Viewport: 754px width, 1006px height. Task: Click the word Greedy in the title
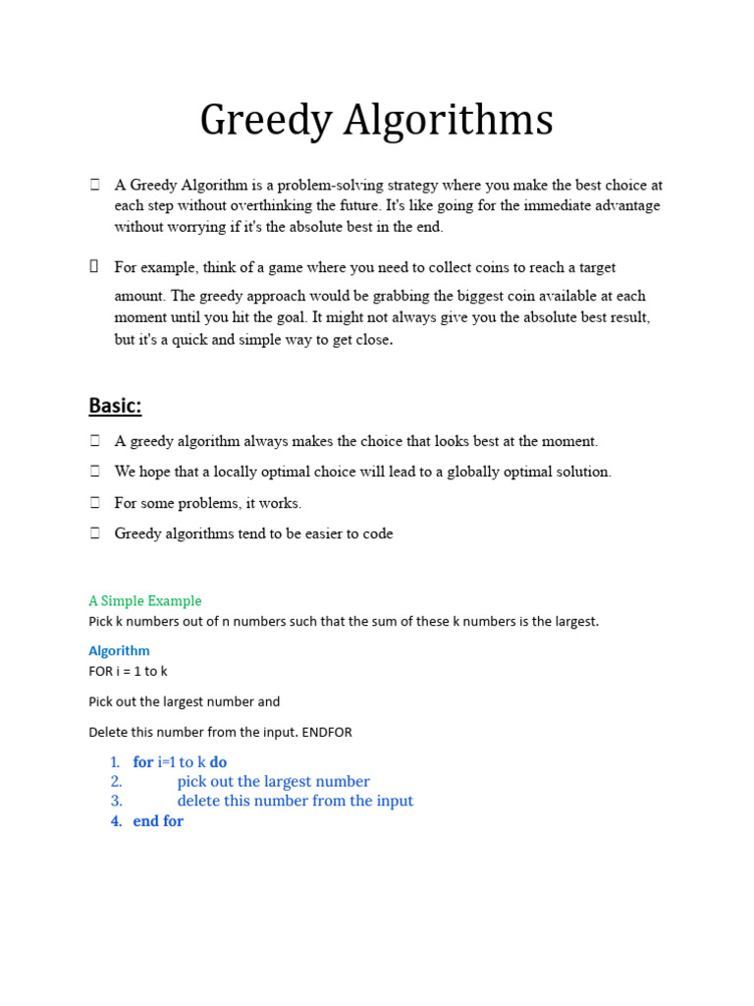point(257,122)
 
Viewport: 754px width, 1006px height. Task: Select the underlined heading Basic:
point(115,405)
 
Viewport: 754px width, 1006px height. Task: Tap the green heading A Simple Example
point(145,600)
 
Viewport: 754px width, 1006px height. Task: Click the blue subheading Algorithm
point(119,650)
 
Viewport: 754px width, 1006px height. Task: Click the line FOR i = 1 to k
point(128,671)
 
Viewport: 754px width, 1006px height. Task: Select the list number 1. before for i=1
point(115,762)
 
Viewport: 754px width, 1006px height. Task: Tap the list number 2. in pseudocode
point(116,782)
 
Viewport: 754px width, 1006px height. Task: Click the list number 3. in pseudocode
point(116,801)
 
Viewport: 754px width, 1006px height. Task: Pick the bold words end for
point(158,821)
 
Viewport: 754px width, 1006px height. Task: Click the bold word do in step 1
point(218,762)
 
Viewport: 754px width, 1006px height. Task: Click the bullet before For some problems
point(95,503)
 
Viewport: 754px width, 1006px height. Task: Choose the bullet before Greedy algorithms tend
point(95,533)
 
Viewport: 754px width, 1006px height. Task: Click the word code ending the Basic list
point(378,533)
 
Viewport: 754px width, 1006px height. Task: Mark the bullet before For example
point(95,265)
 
